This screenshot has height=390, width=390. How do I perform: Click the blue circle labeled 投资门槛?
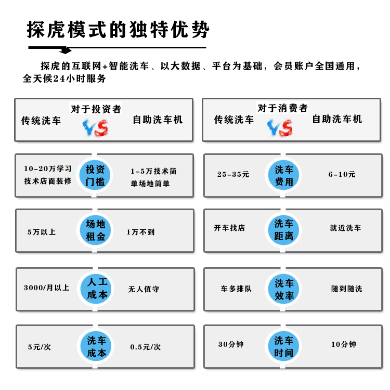pos(95,175)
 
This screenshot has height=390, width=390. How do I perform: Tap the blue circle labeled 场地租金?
pos(95,230)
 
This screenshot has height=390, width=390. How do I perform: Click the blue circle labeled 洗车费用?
pos(283,175)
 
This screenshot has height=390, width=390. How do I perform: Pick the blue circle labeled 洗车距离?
pos(283,230)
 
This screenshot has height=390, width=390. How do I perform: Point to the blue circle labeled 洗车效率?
pos(283,289)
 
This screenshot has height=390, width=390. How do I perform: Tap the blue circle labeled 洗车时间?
pos(283,346)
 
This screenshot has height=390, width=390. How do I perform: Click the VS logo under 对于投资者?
pos(95,128)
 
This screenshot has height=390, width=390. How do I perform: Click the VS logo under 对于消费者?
pos(280,128)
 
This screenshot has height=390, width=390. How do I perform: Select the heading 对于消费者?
pos(282,108)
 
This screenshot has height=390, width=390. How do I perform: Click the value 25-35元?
pos(233,174)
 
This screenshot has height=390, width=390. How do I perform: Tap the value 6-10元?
pos(342,174)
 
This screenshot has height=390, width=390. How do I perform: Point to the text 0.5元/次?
pos(146,347)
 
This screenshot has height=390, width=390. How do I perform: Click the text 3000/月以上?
pos(46,288)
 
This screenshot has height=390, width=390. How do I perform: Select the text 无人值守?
pos(144,289)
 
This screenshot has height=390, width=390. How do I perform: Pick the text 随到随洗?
pos(346,289)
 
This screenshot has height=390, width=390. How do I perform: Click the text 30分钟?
pos(231,344)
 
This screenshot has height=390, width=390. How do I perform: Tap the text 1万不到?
pos(140,232)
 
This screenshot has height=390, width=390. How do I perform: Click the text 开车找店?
pos(229,228)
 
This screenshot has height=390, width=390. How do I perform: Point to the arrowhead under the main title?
pos(66,50)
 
